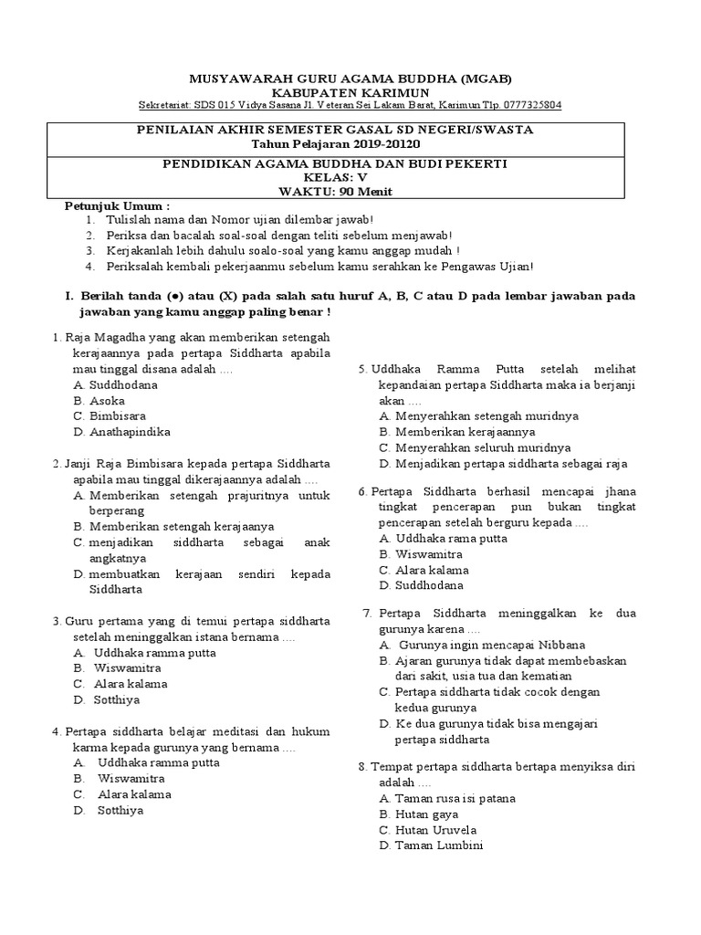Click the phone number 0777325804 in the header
point(529,105)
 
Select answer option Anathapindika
point(131,432)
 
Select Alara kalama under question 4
point(134,794)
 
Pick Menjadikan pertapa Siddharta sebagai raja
point(511,463)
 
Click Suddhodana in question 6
point(429,585)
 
